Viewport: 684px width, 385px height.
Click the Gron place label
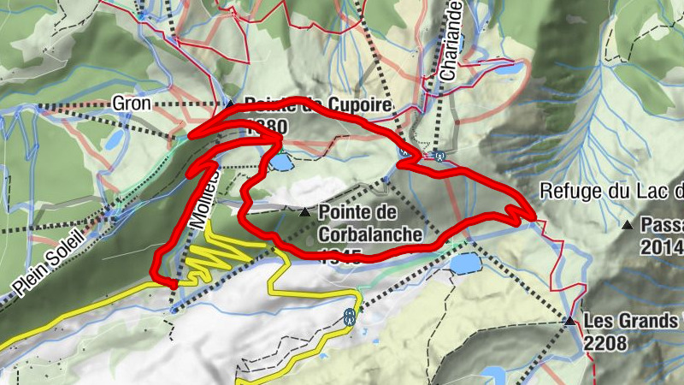(x=131, y=104)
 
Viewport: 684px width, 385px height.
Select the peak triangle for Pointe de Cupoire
(x=229, y=104)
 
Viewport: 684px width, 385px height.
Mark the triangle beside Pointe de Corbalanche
(x=304, y=210)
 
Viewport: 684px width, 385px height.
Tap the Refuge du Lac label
(x=612, y=191)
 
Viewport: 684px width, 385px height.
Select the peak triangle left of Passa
(x=628, y=226)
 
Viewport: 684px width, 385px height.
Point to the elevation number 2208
(x=606, y=344)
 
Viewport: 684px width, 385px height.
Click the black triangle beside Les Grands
(x=569, y=322)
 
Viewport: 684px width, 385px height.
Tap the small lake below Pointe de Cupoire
(x=280, y=160)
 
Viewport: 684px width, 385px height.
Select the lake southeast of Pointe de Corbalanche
(x=466, y=263)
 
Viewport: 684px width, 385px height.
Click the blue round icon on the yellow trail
(x=349, y=317)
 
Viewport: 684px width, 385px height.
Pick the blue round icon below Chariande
(x=439, y=156)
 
